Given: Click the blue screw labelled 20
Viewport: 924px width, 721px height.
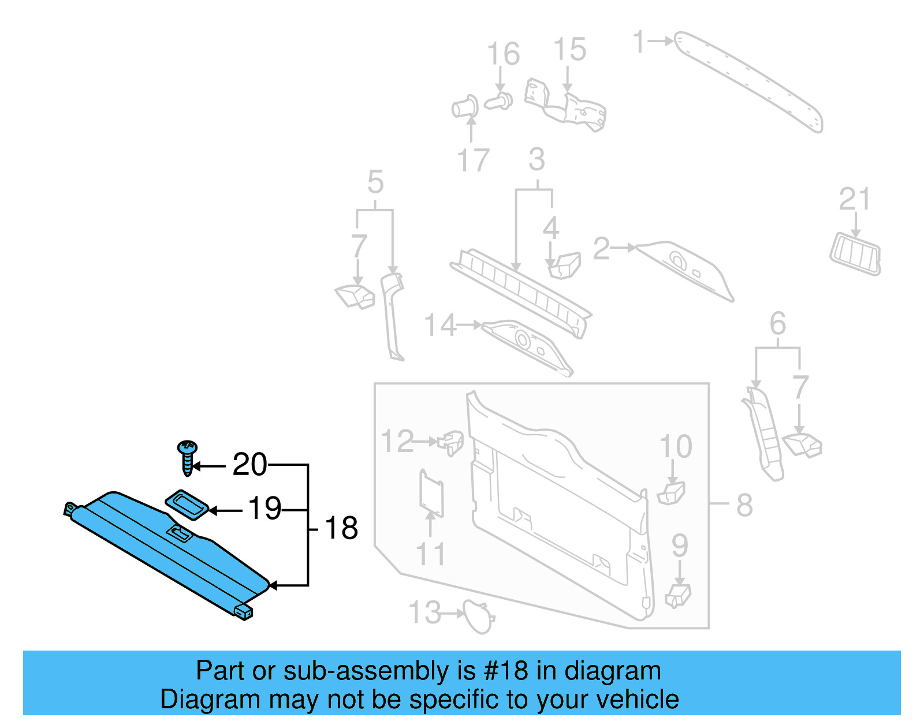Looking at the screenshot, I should [x=187, y=457].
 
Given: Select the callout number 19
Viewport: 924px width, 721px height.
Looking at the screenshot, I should [x=264, y=509].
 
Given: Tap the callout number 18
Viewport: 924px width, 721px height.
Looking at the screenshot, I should [x=341, y=528].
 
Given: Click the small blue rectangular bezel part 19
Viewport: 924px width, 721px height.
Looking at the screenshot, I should [x=187, y=505].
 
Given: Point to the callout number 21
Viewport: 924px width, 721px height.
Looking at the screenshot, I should [x=854, y=200].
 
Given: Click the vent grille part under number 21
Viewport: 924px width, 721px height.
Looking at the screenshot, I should [x=856, y=253].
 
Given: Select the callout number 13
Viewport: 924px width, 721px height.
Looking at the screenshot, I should [x=425, y=612].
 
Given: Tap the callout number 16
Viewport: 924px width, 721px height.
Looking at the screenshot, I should [x=503, y=54].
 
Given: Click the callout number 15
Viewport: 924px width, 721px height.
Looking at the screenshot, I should [x=569, y=50].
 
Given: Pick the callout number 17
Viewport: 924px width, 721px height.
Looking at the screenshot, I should [x=473, y=160].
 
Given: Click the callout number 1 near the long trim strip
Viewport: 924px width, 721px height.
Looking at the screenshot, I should [x=638, y=42].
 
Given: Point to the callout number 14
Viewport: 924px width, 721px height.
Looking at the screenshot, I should [x=440, y=326].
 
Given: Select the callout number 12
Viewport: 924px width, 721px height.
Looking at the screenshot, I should [x=397, y=442].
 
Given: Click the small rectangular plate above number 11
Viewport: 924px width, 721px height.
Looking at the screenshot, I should [x=431, y=493].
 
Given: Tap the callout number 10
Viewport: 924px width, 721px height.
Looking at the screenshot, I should [x=676, y=447].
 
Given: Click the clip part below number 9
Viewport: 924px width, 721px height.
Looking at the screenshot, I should [x=678, y=595].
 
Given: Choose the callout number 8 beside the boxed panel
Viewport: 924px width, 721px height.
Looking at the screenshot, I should [x=744, y=506].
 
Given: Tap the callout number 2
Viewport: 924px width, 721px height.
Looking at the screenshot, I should [x=601, y=249].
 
